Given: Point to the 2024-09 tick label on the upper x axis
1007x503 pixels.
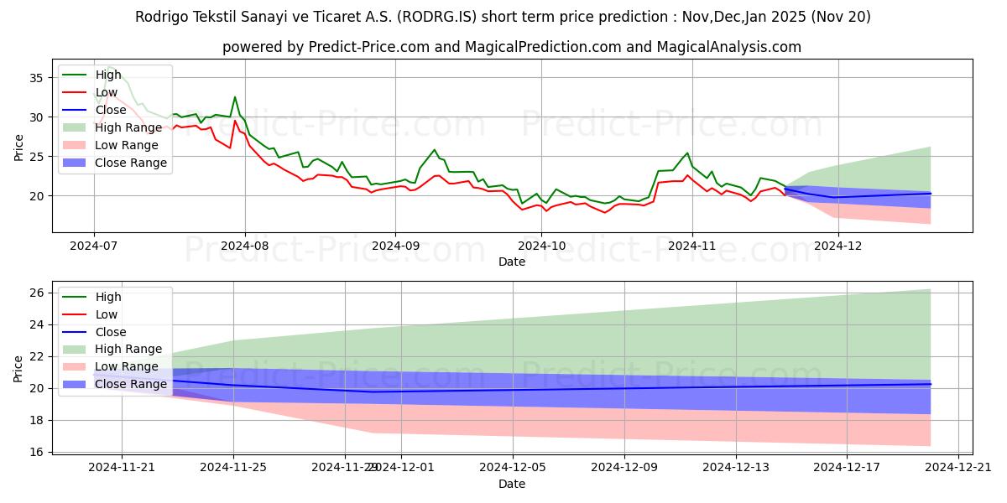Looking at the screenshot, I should (394, 246).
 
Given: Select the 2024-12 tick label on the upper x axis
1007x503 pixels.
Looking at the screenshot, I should (839, 246).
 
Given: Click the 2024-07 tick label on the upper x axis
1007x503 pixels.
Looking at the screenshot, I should (94, 246).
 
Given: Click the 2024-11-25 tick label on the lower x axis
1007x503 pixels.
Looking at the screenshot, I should (233, 468).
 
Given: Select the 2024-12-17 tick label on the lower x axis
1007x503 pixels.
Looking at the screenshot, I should (848, 468).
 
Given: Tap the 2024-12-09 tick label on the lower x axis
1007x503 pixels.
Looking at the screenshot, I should (624, 468).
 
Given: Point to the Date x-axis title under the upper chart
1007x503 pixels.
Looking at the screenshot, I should (512, 262).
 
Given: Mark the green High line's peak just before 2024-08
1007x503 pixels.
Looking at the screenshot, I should (235, 97).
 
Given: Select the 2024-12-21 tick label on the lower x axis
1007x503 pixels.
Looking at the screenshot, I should (959, 468).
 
